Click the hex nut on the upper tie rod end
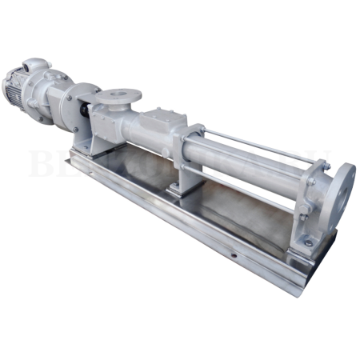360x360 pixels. (311, 171)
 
